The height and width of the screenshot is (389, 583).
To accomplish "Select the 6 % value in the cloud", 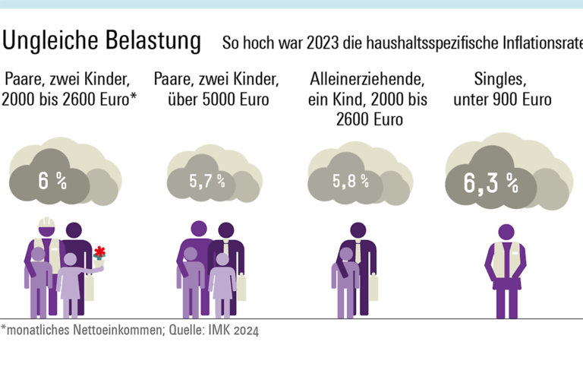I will click(x=53, y=182).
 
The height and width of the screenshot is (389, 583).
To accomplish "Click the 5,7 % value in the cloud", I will click(x=207, y=181).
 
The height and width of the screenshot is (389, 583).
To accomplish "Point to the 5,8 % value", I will click(x=350, y=181).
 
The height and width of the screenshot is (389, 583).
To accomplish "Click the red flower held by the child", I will click(x=99, y=252).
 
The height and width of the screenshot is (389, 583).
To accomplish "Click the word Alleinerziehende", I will click(x=366, y=78).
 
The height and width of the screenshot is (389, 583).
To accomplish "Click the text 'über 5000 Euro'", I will click(x=215, y=100).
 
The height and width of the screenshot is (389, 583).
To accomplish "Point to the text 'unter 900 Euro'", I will click(x=502, y=100).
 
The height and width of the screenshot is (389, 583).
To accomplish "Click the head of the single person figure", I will click(x=506, y=232).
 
